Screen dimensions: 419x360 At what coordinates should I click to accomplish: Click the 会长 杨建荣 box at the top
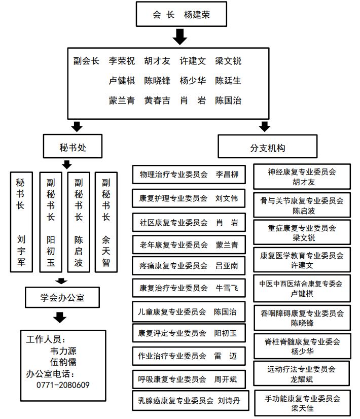pyautogui.click(x=181, y=15)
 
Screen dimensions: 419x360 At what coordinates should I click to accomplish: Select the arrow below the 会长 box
pyautogui.click(x=181, y=37)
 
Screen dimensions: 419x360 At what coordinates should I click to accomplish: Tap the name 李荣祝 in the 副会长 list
pyautogui.click(x=122, y=61)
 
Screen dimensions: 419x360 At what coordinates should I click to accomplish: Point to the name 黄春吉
pyautogui.click(x=157, y=100)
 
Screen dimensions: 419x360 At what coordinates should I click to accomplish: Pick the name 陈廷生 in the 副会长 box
pyautogui.click(x=228, y=81)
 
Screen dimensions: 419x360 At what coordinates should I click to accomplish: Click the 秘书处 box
pyautogui.click(x=73, y=148)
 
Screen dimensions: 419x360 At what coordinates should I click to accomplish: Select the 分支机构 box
pyautogui.click(x=267, y=148)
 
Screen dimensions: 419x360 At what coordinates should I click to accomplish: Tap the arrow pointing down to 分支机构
pyautogui.click(x=264, y=126)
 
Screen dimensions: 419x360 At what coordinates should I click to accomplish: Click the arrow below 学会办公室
pyautogui.click(x=60, y=318)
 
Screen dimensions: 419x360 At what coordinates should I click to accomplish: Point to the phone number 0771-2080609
pyautogui.click(x=63, y=385)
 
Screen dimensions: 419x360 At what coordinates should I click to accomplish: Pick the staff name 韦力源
pyautogui.click(x=63, y=351)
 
